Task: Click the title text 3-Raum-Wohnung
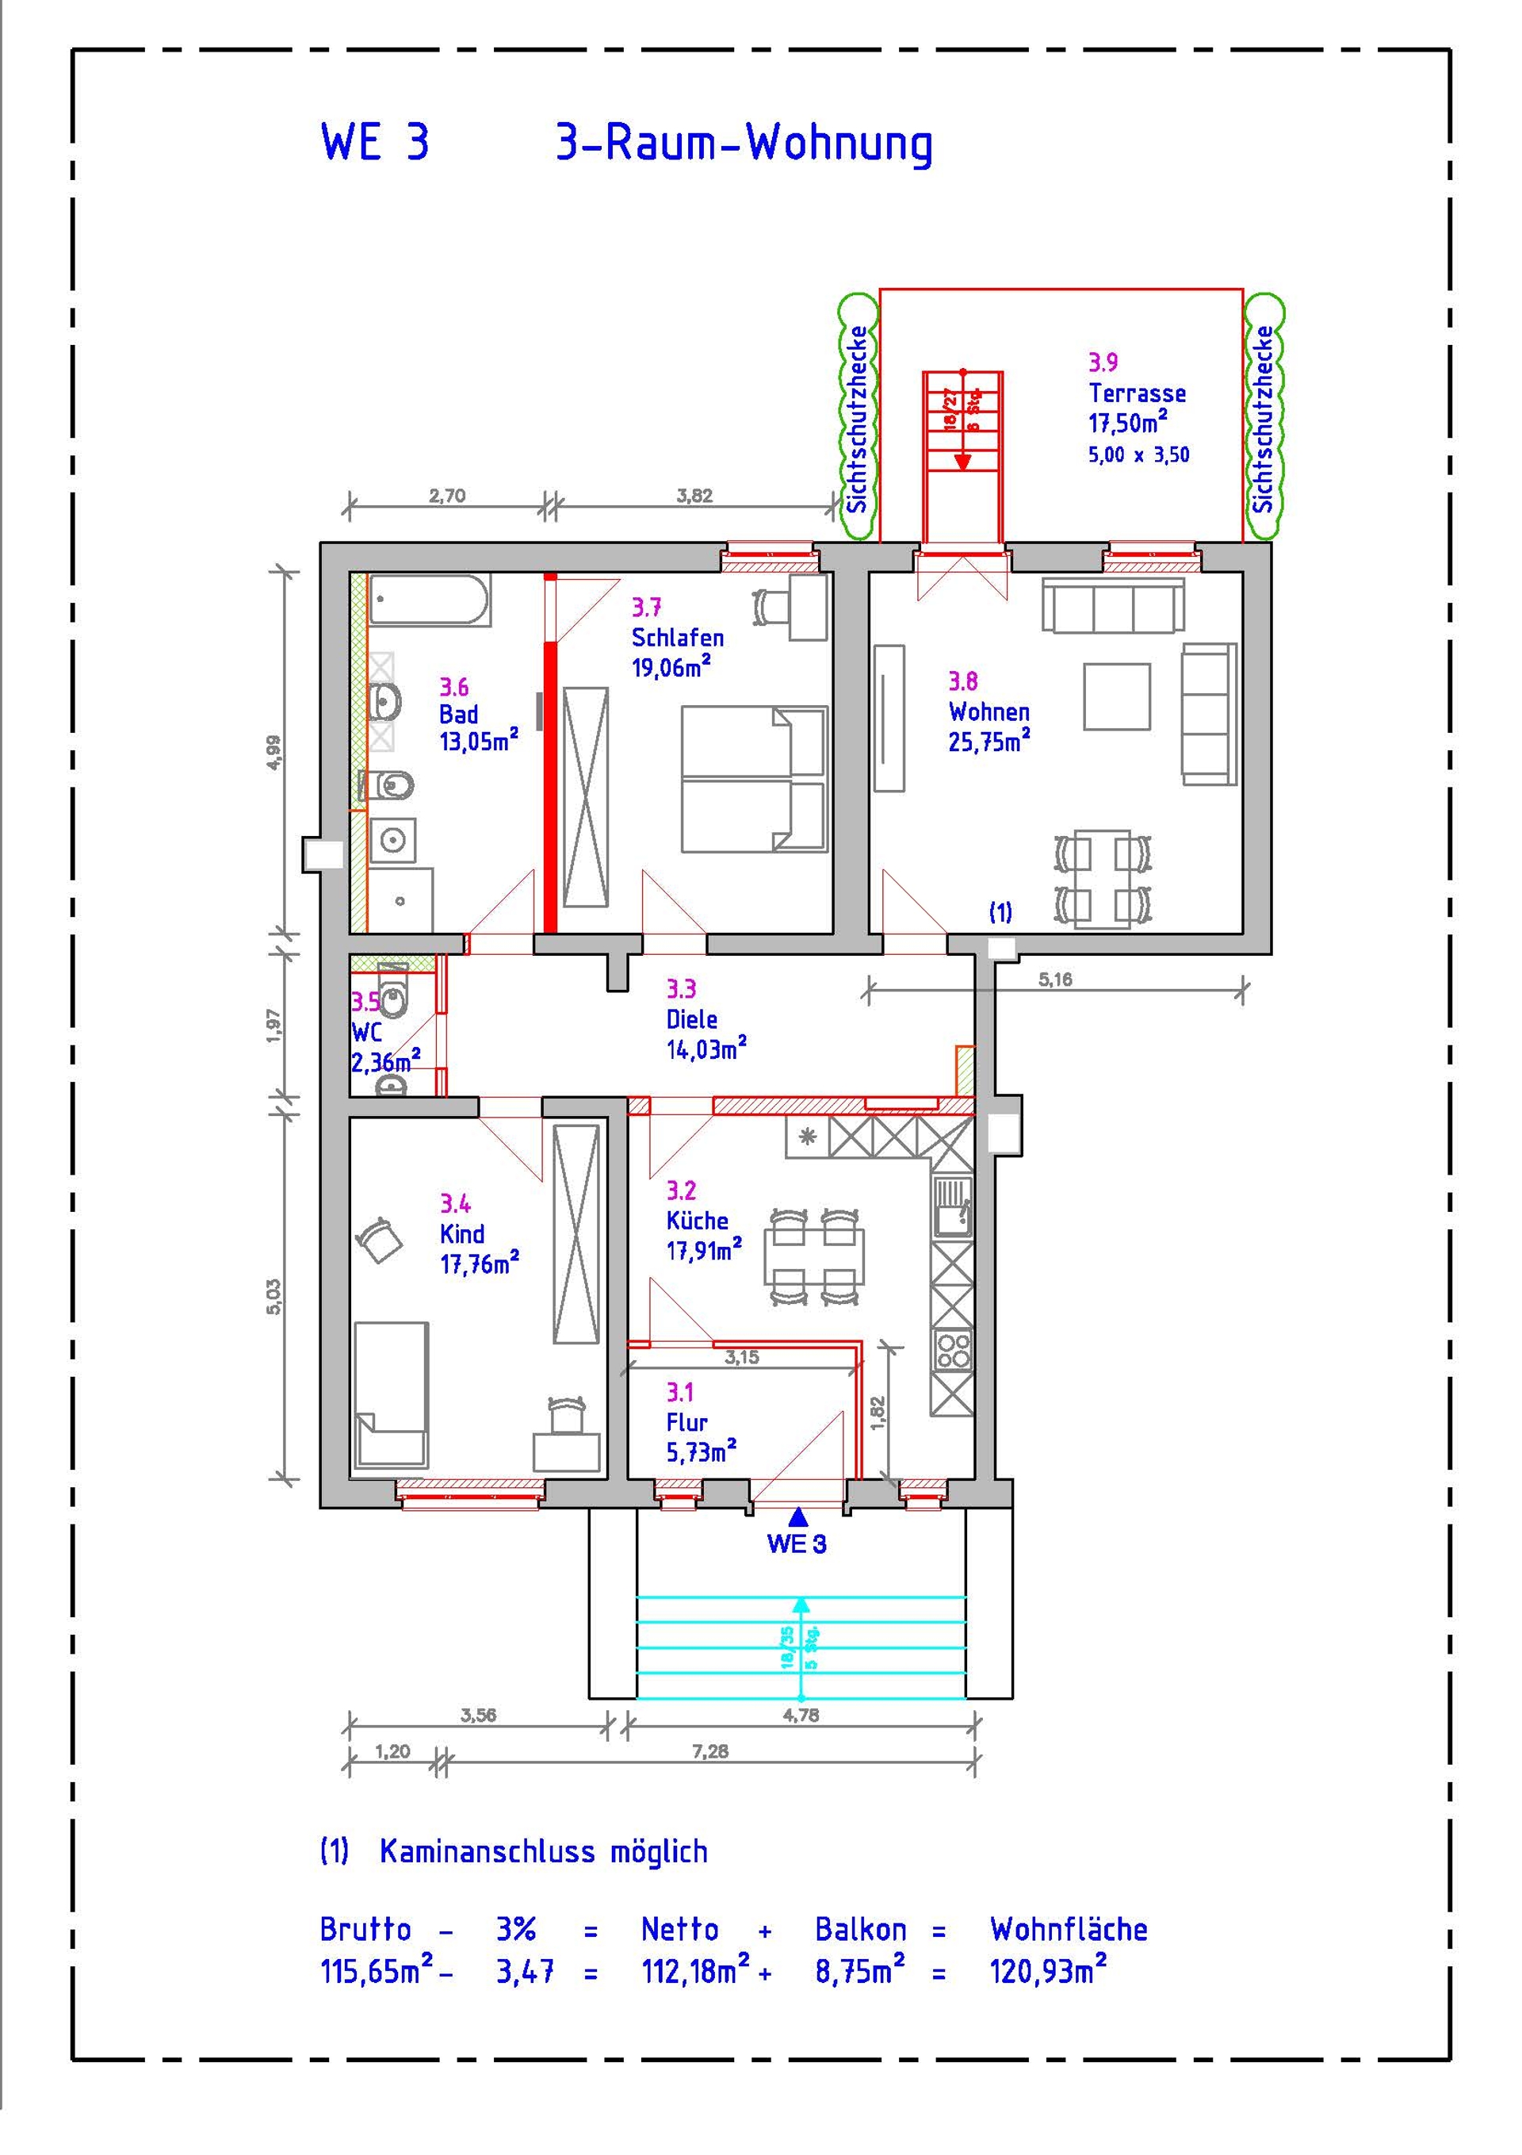(744, 144)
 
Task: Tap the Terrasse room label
(1138, 393)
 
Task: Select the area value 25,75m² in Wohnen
(989, 741)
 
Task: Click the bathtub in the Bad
(429, 600)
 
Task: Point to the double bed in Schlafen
(754, 779)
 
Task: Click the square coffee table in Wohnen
(1117, 696)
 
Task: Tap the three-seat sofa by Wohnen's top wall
(1113, 606)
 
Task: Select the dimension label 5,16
(1055, 980)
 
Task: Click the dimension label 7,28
(710, 1750)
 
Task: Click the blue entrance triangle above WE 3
(797, 1515)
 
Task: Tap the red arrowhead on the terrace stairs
(962, 461)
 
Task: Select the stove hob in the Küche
(952, 1352)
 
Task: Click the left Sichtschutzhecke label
(857, 419)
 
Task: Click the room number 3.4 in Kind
(455, 1203)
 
